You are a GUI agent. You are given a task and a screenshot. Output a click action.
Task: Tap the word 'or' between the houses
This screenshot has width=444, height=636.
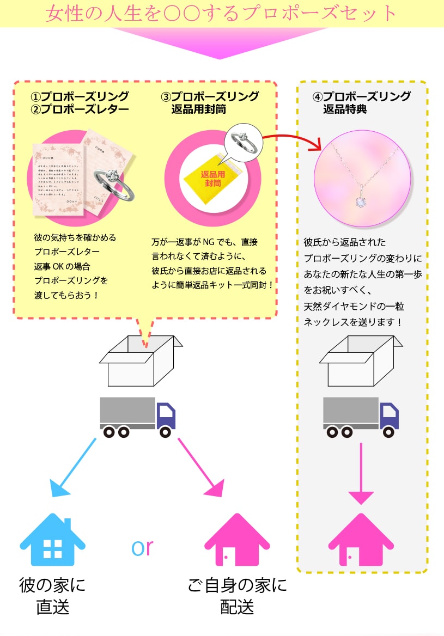point(142,547)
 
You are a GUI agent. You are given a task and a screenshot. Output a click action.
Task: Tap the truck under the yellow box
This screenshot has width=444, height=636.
point(138,416)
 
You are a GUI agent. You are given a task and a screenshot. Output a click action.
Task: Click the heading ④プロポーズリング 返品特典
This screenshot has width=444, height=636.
point(361,103)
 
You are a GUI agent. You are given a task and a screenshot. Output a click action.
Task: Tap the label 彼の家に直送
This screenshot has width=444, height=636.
point(53,596)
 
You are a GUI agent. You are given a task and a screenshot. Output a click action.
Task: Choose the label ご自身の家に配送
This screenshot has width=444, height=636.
point(237,596)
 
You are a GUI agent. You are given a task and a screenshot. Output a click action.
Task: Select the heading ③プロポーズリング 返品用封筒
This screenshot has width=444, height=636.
point(210,103)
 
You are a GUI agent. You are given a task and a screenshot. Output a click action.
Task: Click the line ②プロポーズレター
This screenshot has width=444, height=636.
point(80,109)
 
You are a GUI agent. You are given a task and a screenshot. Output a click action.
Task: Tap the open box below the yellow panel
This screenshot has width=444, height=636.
point(140,362)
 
